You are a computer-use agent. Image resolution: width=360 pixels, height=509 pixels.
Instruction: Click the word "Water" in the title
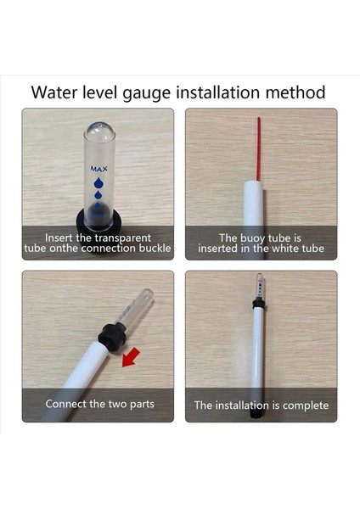[x=54, y=92]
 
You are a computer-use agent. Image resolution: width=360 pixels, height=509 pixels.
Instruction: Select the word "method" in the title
[x=295, y=92]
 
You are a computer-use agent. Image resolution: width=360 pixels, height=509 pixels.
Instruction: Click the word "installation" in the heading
[x=218, y=92]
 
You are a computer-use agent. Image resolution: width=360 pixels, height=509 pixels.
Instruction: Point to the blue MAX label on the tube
[x=98, y=169]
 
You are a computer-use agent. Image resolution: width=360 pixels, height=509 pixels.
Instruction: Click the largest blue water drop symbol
[x=98, y=183]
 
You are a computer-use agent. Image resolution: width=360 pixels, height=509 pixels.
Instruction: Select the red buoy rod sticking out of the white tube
[x=259, y=149]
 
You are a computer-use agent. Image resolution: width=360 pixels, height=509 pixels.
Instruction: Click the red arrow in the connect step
[x=131, y=357]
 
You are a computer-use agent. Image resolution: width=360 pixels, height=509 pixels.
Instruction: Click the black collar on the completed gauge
[x=258, y=303]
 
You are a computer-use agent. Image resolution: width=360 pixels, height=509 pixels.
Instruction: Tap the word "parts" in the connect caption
[x=142, y=405]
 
